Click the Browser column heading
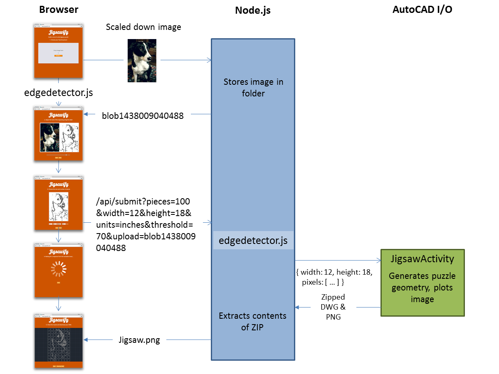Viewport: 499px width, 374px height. click(x=59, y=10)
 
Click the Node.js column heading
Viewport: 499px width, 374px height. click(x=253, y=10)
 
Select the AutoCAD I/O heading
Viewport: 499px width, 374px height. click(x=422, y=10)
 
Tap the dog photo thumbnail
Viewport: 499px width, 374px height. click(x=142, y=61)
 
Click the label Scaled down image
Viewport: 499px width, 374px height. click(x=143, y=27)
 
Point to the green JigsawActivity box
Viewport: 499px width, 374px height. click(x=422, y=283)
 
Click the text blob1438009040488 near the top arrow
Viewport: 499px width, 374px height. click(x=143, y=116)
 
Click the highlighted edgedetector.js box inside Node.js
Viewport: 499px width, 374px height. click(x=253, y=240)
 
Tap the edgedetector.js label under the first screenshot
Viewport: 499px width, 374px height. click(x=59, y=93)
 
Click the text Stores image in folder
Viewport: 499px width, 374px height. click(x=253, y=87)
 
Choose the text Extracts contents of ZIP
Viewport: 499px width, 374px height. click(x=253, y=321)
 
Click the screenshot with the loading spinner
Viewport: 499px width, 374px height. click(x=59, y=270)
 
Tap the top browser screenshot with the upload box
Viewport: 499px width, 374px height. click(x=59, y=51)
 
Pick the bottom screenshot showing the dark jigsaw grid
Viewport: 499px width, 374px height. click(x=59, y=341)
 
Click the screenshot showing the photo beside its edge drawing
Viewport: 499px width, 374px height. click(x=59, y=134)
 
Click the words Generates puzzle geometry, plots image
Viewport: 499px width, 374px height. click(x=422, y=288)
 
